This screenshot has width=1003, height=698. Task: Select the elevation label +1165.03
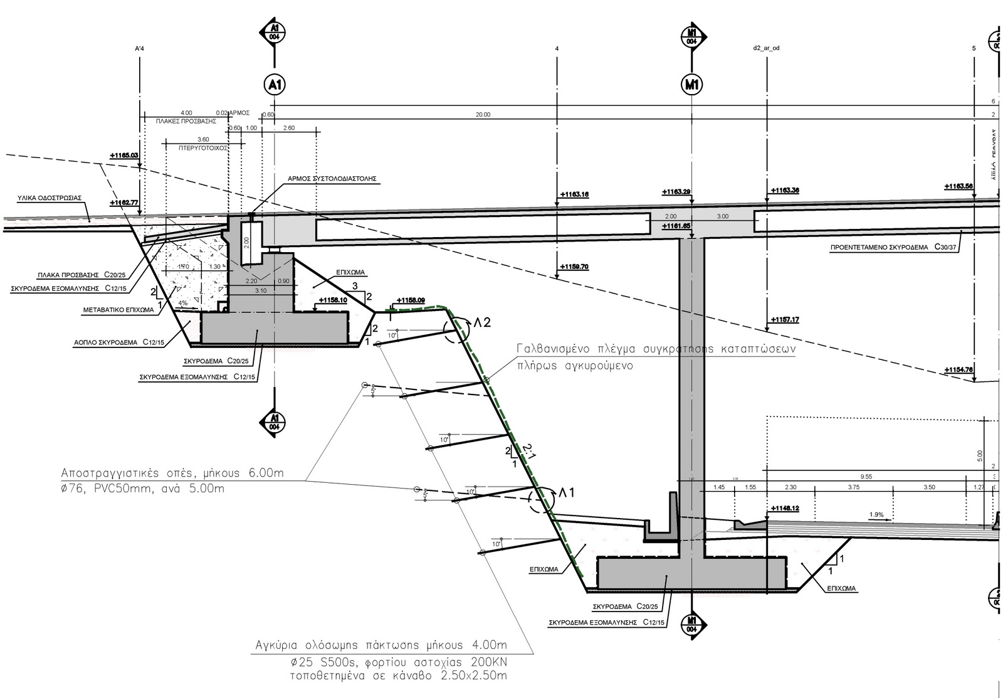(123, 154)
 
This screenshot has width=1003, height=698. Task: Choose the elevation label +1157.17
(785, 320)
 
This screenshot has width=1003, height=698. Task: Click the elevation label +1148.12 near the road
(784, 509)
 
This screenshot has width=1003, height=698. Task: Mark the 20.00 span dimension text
(483, 115)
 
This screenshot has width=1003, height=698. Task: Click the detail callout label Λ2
(482, 323)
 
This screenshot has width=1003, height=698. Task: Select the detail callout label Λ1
(567, 494)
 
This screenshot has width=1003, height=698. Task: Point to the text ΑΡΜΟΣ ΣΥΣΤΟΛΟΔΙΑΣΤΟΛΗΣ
(332, 178)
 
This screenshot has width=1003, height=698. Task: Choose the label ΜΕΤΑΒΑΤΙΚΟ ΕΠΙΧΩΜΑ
(118, 310)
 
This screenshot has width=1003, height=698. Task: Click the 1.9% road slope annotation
(876, 515)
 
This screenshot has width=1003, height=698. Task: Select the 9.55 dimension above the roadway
(866, 477)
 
